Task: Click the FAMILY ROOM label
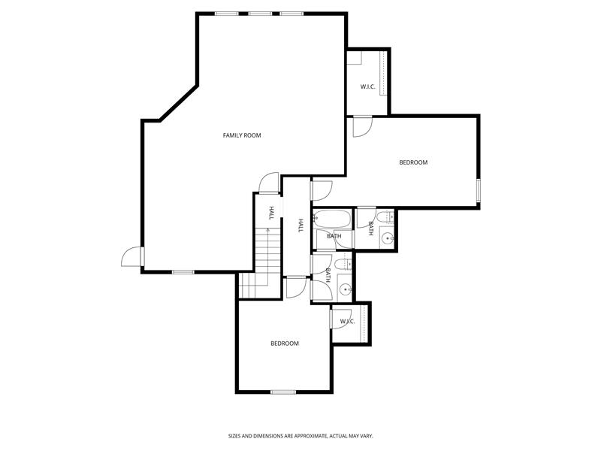(241, 135)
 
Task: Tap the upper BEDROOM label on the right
(412, 162)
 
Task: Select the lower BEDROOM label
(285, 344)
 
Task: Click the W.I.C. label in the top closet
(367, 87)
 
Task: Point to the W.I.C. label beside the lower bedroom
(347, 322)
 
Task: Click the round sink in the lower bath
(345, 289)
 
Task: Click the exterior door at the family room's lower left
(131, 256)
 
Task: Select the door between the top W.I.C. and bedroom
(361, 126)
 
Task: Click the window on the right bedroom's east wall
(479, 191)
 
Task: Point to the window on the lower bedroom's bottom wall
(282, 392)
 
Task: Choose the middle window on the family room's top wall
(261, 14)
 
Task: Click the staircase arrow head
(268, 229)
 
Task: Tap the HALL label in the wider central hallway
(300, 225)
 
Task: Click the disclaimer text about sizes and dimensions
(300, 436)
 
